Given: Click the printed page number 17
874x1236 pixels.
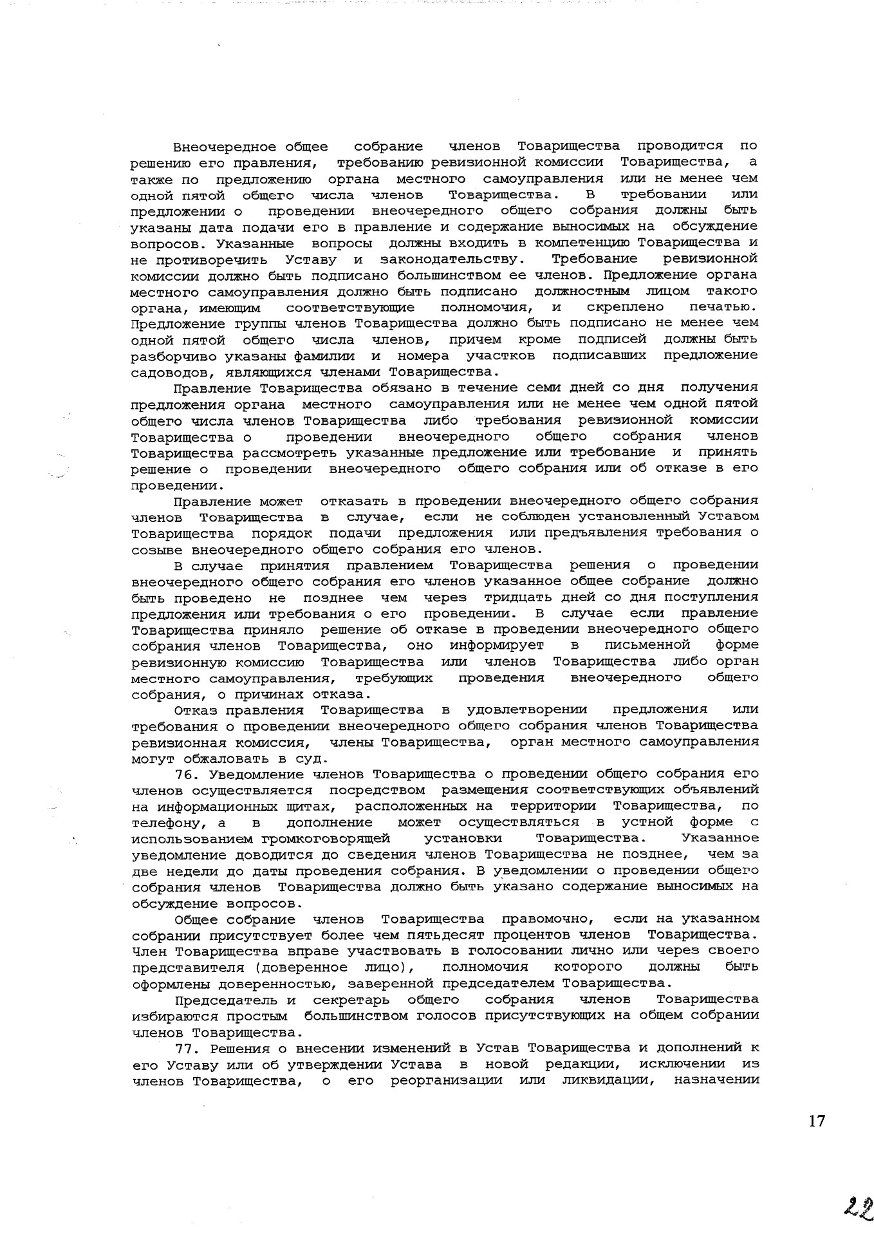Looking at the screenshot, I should (x=816, y=1121).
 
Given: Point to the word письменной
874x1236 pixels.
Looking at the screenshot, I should (x=647, y=645).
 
